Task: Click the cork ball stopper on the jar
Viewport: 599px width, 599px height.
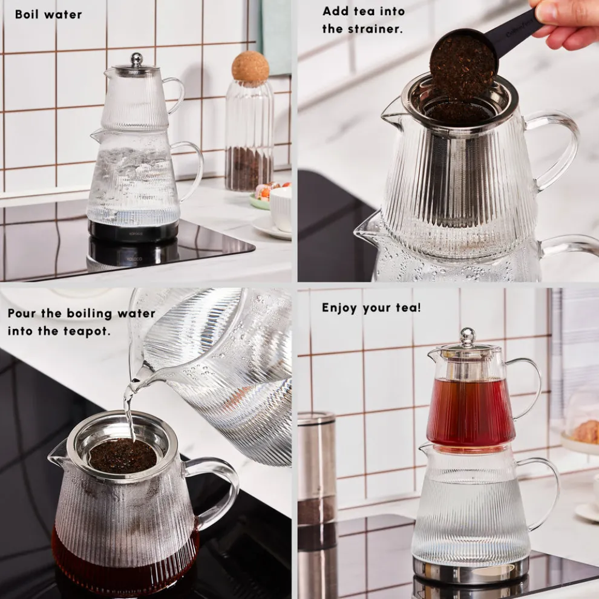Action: click(250, 67)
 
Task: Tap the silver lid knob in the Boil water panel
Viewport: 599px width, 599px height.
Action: click(137, 59)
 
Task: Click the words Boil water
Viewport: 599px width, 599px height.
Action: click(48, 15)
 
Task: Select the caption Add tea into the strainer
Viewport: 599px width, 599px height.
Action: click(363, 19)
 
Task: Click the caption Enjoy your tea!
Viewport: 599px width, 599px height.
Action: click(371, 307)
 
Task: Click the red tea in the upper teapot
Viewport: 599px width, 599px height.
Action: click(470, 411)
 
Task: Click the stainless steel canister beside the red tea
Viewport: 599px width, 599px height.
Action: click(316, 466)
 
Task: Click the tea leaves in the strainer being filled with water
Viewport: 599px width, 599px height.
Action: click(123, 455)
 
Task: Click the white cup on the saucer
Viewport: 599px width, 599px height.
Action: click(281, 209)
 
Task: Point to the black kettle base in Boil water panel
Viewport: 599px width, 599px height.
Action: click(134, 230)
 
